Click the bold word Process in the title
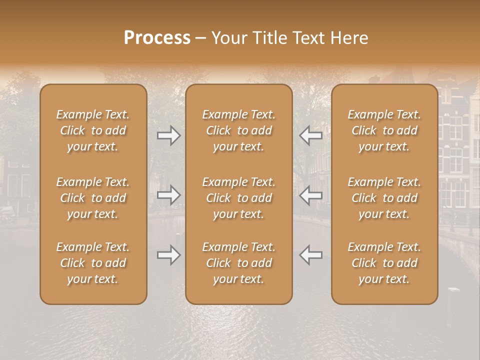coord(157,38)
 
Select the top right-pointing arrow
coord(168,135)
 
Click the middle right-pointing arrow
coord(168,195)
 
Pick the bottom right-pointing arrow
coord(168,255)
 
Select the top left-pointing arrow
coord(311,135)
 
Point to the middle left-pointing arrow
coord(311,195)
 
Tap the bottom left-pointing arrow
coord(311,255)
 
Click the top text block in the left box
coord(93,130)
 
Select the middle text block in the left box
coord(93,198)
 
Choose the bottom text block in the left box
coord(93,263)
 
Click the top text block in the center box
coord(238,130)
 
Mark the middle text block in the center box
coord(238,198)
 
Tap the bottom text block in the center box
coord(238,263)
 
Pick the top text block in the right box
coord(384,130)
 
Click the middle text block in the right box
coord(384,198)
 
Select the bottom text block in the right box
coord(384,263)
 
